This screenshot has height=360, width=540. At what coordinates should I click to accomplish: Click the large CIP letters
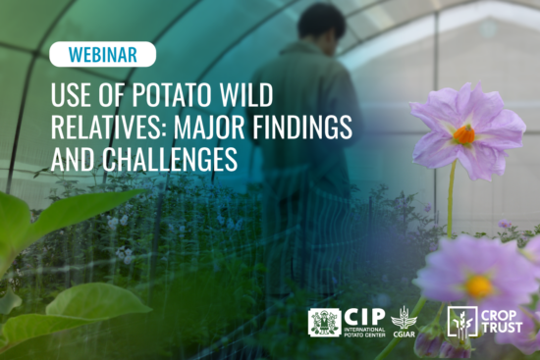click(362, 315)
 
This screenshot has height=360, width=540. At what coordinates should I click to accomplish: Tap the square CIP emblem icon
click(324, 322)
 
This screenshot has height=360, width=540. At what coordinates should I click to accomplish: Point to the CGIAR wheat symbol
click(404, 316)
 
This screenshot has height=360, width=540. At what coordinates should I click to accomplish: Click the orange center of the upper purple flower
click(464, 135)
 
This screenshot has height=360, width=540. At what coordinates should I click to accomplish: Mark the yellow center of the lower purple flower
click(479, 286)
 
